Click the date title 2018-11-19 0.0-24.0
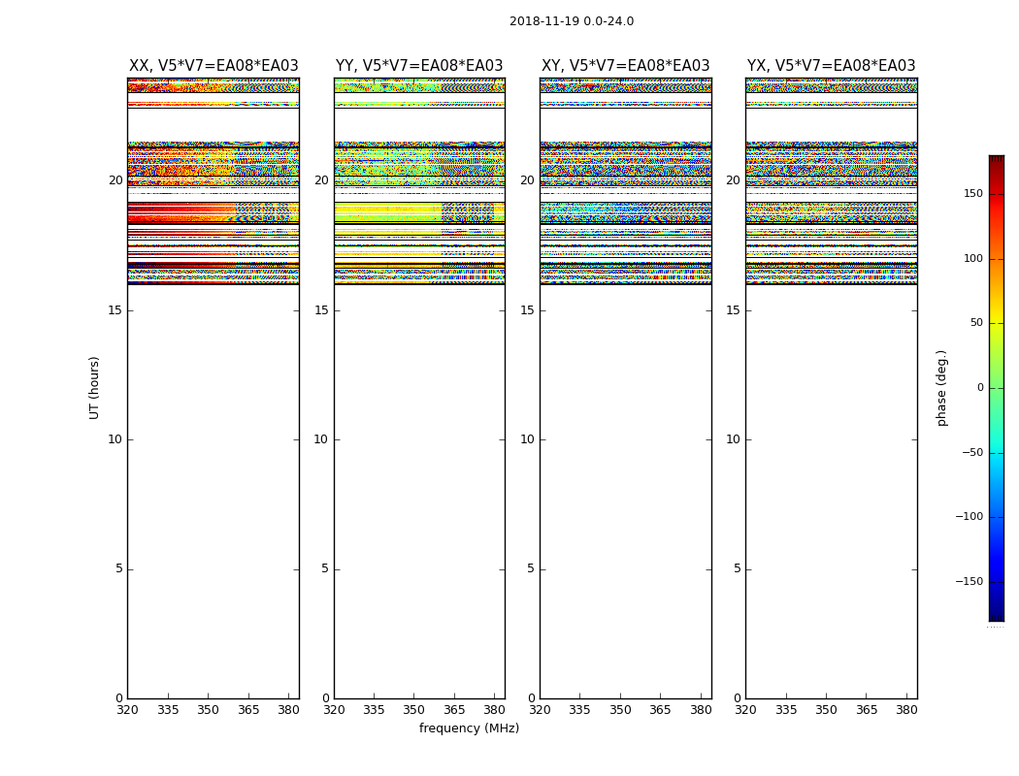(572, 21)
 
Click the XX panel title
(214, 66)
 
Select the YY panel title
(419, 66)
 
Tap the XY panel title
(626, 66)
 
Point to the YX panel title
(832, 66)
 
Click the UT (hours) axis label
(94, 387)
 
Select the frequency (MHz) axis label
(469, 728)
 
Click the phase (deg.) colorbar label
(942, 387)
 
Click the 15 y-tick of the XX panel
(115, 310)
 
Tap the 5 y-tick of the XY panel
(531, 568)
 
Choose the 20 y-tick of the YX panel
(733, 180)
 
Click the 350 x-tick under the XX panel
(208, 709)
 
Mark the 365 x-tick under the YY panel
(454, 709)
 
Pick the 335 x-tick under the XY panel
(579, 709)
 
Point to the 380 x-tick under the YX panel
(906, 709)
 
